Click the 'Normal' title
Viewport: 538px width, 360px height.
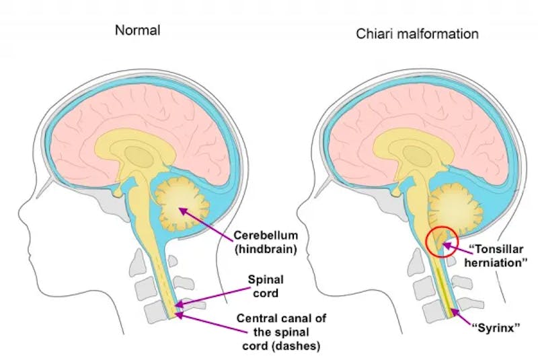coord(138,30)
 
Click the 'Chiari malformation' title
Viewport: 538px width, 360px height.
coord(417,34)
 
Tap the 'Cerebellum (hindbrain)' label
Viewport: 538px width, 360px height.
coord(266,242)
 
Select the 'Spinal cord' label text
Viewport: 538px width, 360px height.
coord(266,286)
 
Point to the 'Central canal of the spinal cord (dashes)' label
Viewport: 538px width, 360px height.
coord(281,332)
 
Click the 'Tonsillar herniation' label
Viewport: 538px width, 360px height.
coord(496,256)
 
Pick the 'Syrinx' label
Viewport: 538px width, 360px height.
coord(496,328)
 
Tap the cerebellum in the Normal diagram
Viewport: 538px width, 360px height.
coord(181,205)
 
